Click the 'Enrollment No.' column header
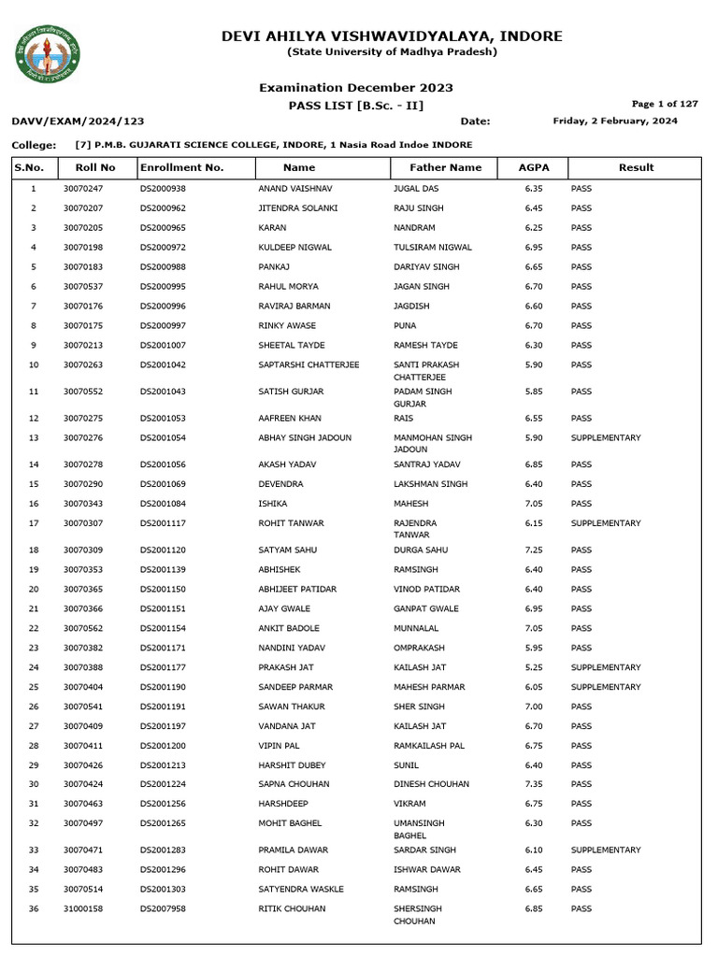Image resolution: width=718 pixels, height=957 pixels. [182, 168]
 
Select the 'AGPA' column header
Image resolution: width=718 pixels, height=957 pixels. [535, 168]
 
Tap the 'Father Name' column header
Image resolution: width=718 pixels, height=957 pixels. [446, 168]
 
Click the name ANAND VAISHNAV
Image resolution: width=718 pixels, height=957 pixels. [294, 189]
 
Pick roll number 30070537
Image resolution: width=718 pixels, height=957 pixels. [83, 287]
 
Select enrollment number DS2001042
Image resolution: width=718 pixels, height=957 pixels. [164, 364]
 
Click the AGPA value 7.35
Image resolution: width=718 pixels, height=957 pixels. [535, 785]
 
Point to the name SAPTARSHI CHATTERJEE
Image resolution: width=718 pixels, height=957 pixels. [309, 364]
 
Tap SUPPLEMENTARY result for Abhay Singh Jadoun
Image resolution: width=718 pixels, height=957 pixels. [606, 437]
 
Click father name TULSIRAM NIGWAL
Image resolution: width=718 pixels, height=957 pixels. [433, 248]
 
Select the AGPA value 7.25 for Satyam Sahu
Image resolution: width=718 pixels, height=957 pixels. [535, 550]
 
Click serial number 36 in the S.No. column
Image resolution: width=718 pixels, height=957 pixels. [34, 908]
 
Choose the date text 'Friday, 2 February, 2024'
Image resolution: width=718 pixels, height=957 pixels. [615, 121]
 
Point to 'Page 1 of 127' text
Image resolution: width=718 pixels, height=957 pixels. [665, 104]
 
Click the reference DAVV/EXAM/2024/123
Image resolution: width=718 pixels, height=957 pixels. [78, 121]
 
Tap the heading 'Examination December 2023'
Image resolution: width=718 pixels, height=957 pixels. [356, 88]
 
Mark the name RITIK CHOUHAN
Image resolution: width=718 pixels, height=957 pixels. [292, 908]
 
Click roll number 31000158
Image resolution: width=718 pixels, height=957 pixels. [83, 908]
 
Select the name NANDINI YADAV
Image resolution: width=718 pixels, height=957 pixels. [291, 648]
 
